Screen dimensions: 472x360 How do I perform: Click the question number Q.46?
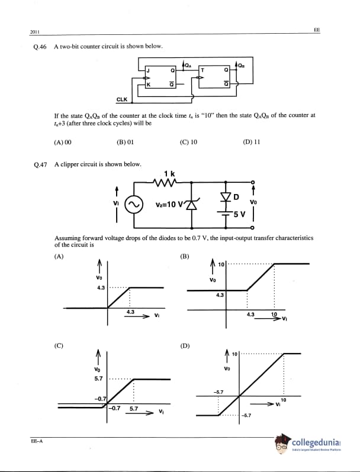point(40,47)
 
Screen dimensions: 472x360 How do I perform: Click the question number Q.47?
point(40,164)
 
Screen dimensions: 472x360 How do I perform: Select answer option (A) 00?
point(62,142)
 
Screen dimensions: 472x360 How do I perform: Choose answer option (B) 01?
point(126,142)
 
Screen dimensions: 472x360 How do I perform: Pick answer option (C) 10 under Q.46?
point(188,142)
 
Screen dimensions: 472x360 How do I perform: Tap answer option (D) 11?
point(252,142)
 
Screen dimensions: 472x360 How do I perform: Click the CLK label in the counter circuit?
point(121,100)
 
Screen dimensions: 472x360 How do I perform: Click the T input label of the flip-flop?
point(203,70)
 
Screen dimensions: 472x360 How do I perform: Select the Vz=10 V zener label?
point(169,205)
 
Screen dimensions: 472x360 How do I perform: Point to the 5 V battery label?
point(239,213)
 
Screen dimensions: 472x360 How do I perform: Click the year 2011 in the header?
point(34,31)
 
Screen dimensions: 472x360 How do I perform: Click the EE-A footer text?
point(37,441)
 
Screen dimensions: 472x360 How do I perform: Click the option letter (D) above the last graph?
point(184,345)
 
